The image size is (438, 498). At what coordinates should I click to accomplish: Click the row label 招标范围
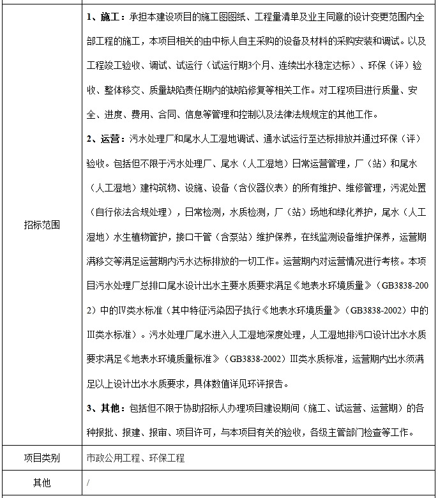tap(42, 225)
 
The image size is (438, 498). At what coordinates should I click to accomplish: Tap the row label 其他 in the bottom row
tap(42, 483)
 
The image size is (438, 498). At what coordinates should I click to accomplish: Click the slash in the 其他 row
tap(88, 483)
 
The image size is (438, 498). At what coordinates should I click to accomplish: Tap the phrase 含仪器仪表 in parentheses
tap(263, 188)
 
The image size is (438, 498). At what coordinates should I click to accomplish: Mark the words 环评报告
tap(269, 384)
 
